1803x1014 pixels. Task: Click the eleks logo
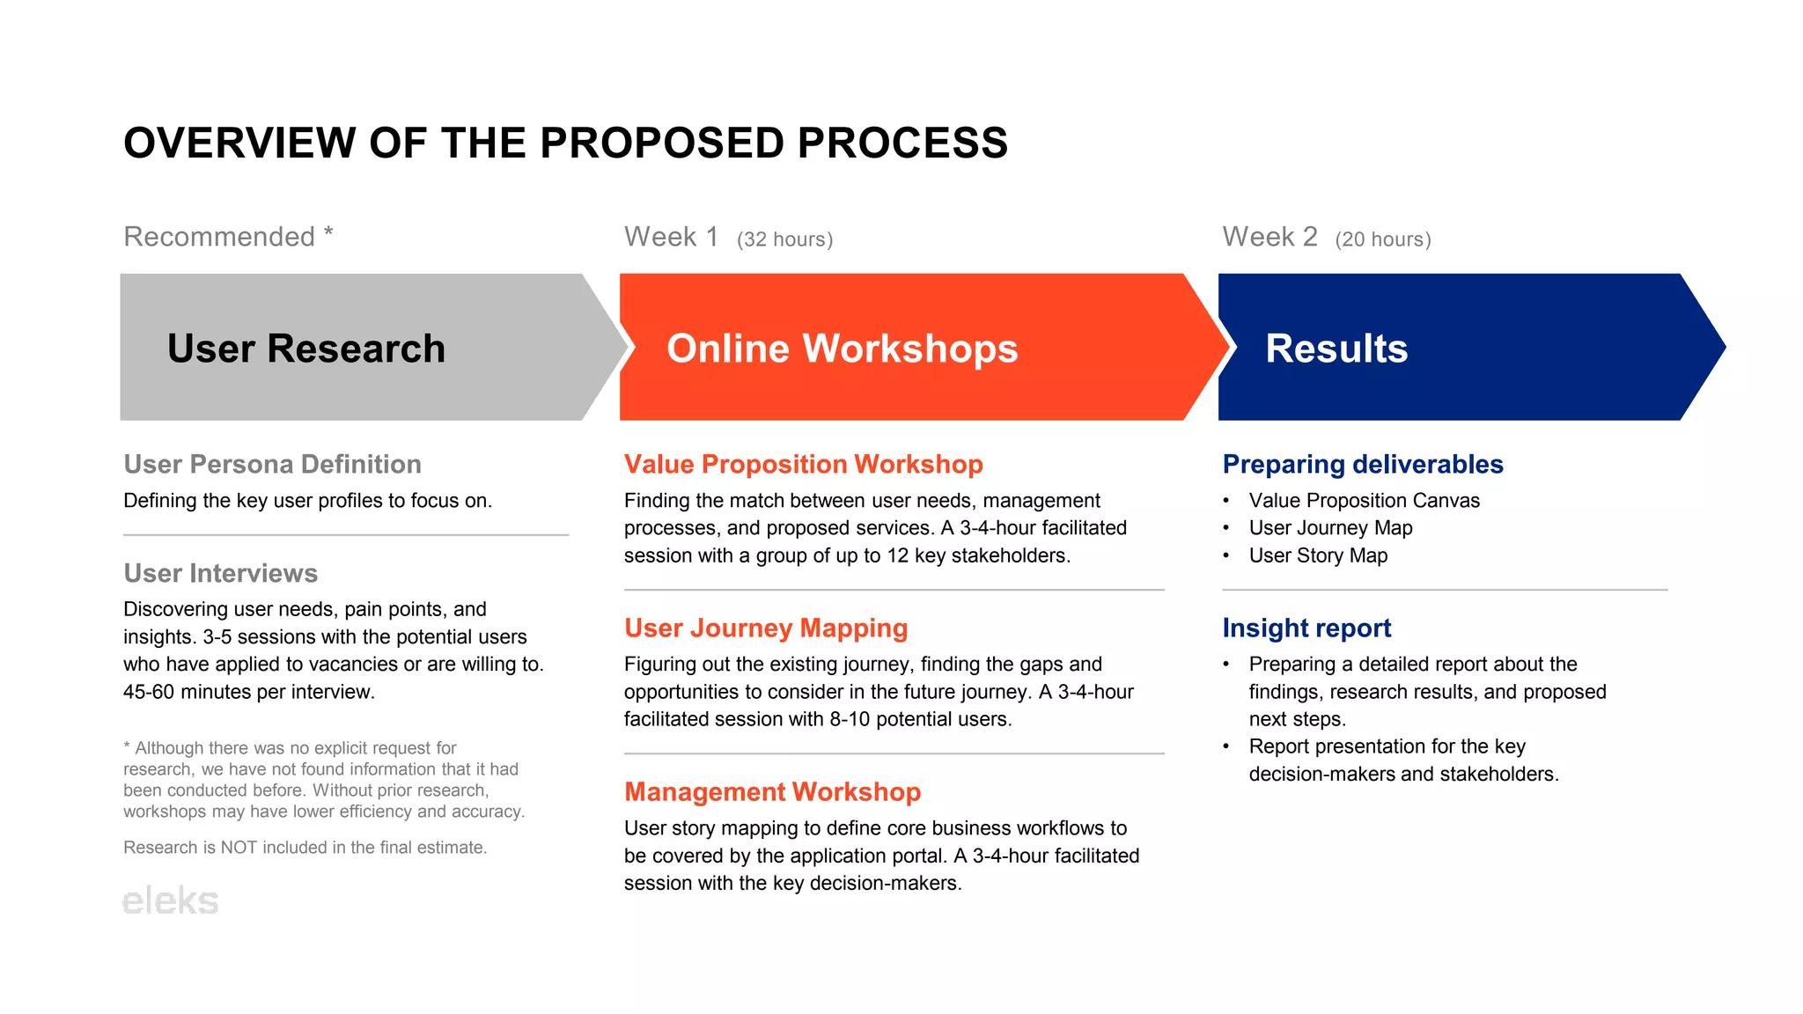tap(170, 900)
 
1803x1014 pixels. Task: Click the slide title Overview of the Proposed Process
tap(565, 143)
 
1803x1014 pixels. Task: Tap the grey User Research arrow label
tap(305, 348)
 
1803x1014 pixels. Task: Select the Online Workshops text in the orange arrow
tap(842, 348)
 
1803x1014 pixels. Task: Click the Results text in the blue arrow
tap(1336, 348)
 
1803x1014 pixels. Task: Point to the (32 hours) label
tap(784, 239)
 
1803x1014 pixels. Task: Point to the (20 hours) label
tap(1382, 239)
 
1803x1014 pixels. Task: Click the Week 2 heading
tap(1269, 237)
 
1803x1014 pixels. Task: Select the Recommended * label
tap(228, 237)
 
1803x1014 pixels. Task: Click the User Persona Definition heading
tap(272, 464)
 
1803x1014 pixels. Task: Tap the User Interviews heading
tap(220, 573)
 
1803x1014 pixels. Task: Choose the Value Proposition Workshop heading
tap(803, 464)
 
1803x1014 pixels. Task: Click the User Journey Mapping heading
tap(765, 628)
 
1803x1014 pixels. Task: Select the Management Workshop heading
tap(772, 791)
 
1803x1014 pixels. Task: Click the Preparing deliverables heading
tap(1362, 464)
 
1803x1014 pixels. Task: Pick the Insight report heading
tap(1306, 628)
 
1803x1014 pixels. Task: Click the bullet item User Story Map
tap(1317, 555)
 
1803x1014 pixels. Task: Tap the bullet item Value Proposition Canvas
tap(1364, 501)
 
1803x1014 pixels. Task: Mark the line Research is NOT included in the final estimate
tap(305, 848)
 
